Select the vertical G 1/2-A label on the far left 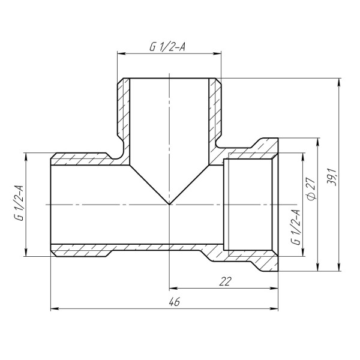coord(19,204)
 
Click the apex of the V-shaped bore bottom coord(169,204)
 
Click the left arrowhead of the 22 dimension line coord(173,287)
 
